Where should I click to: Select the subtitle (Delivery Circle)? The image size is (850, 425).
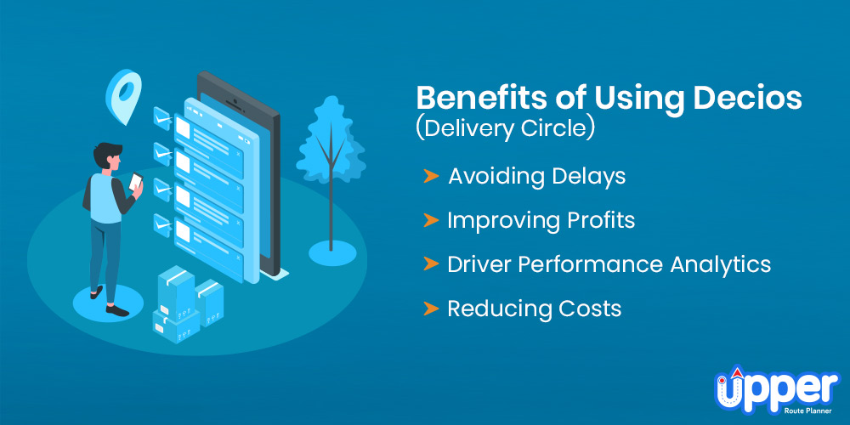click(x=506, y=131)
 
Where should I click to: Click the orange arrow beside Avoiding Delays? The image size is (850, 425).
click(x=431, y=176)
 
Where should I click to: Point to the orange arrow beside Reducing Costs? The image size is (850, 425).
click(x=431, y=309)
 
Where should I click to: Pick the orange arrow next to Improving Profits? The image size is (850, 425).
click(x=431, y=220)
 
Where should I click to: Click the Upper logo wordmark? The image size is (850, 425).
click(x=777, y=388)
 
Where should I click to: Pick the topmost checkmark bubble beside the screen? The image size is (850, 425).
click(x=162, y=118)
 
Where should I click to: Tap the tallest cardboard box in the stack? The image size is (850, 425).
click(x=176, y=296)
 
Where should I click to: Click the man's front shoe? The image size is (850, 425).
click(x=117, y=310)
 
